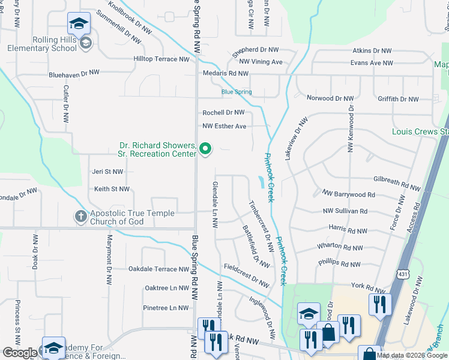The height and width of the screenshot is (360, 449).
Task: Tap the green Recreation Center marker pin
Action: (x=205, y=148)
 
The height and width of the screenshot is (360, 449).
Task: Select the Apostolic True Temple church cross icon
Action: (x=80, y=216)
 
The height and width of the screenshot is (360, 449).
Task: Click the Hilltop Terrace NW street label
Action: (x=161, y=59)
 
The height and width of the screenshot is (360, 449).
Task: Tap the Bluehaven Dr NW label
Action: (x=74, y=73)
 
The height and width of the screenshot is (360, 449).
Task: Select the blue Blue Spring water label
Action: (x=237, y=92)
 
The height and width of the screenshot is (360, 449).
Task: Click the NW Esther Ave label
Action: (x=224, y=126)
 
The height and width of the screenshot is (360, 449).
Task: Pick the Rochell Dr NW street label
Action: (x=223, y=112)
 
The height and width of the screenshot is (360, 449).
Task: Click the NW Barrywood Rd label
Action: (x=349, y=194)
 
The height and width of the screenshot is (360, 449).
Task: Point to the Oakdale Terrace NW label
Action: (x=158, y=269)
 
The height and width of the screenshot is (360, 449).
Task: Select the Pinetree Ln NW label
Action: (x=166, y=308)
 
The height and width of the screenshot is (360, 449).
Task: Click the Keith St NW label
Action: (x=112, y=189)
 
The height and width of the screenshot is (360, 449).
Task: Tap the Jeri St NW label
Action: (x=107, y=171)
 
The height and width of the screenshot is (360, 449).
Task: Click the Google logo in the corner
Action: (x=19, y=353)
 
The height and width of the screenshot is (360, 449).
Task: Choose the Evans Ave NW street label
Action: (x=372, y=62)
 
